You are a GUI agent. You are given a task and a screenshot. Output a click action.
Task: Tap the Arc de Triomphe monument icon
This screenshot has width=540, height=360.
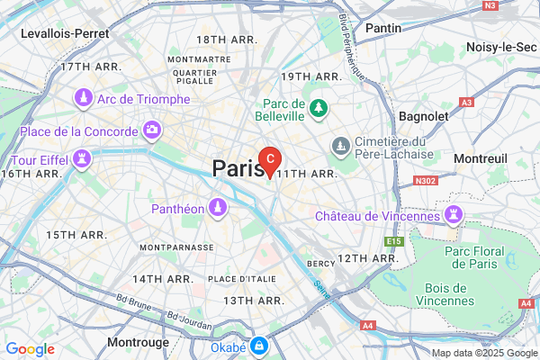click(x=83, y=98)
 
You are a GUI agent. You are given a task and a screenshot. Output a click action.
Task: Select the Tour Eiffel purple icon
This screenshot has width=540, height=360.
click(x=84, y=160)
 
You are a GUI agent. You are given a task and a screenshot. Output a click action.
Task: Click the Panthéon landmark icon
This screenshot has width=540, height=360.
click(x=217, y=208)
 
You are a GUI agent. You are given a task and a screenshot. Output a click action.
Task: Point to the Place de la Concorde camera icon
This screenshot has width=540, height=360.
click(x=152, y=131)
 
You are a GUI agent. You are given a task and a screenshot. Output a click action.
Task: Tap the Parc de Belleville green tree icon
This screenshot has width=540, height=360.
click(x=318, y=109)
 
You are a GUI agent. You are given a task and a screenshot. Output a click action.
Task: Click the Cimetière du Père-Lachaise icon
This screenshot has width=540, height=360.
click(x=341, y=146)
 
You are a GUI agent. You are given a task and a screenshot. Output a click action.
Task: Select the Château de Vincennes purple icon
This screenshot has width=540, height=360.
click(x=451, y=215)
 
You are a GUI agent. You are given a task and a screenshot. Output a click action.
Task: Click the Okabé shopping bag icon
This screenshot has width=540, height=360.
click(x=259, y=345)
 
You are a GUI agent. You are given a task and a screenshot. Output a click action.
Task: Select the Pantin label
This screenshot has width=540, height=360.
click(x=383, y=28)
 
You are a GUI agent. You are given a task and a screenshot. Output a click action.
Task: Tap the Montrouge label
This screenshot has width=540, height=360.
click(x=138, y=343)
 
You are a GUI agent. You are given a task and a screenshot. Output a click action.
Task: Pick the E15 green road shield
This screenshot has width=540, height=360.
click(x=392, y=242)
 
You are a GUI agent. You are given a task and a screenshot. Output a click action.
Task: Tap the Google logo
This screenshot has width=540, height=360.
click(x=31, y=349)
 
